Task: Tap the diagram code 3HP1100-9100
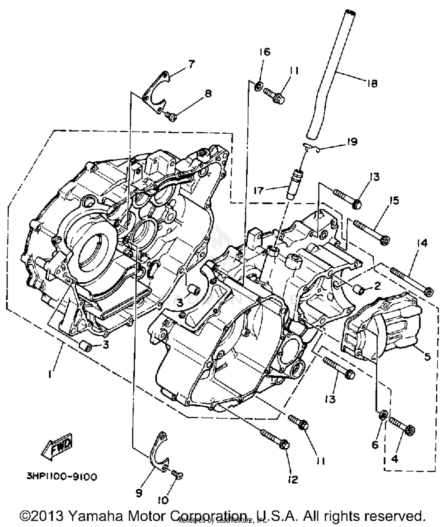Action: click(62, 477)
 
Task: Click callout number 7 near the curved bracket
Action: click(191, 64)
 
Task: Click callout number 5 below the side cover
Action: click(427, 356)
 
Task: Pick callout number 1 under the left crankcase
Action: click(51, 374)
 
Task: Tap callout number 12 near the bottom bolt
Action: click(293, 479)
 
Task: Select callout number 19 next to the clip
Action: click(352, 142)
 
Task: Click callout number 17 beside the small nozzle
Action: click(259, 190)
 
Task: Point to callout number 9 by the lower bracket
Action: click(139, 493)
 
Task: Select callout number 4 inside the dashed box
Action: click(395, 459)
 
